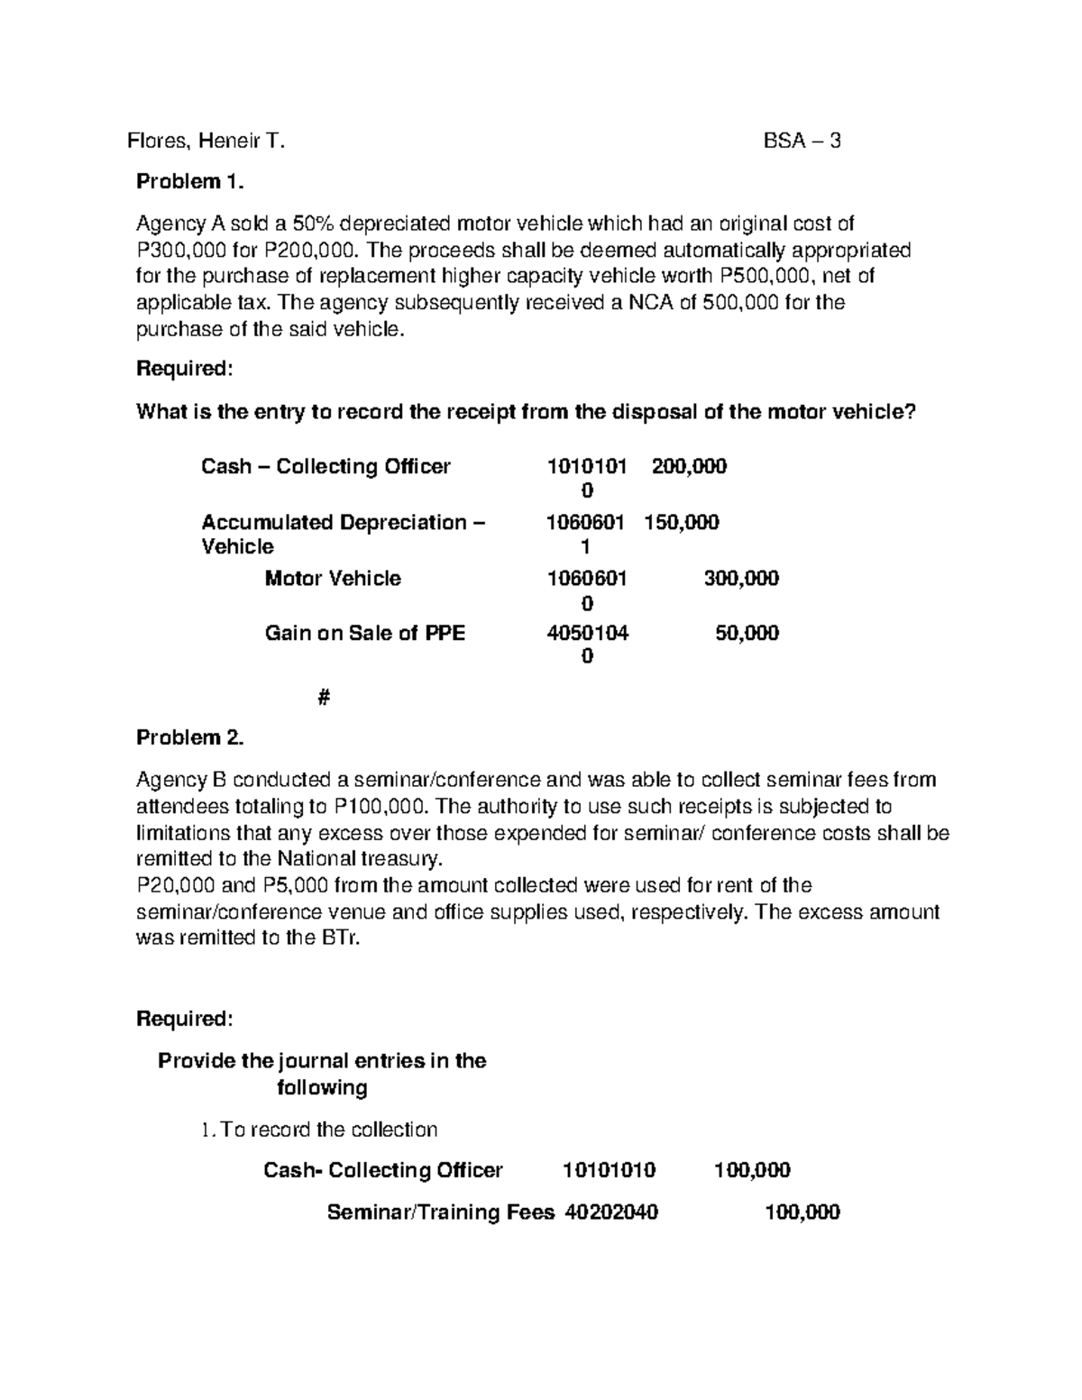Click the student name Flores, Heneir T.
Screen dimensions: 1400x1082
206,141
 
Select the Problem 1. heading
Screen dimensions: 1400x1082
189,182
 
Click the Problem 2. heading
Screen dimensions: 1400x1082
189,737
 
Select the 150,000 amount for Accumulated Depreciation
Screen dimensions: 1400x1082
682,522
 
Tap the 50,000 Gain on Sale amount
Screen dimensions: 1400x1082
747,633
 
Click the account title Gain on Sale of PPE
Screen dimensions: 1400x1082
364,633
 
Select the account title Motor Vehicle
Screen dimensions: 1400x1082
333,578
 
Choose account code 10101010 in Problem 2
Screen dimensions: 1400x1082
610,1170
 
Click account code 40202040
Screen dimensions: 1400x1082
611,1212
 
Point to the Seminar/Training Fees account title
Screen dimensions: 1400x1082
440,1212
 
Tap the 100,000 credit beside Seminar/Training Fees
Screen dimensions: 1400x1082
802,1212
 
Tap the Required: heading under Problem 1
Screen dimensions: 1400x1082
184,368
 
